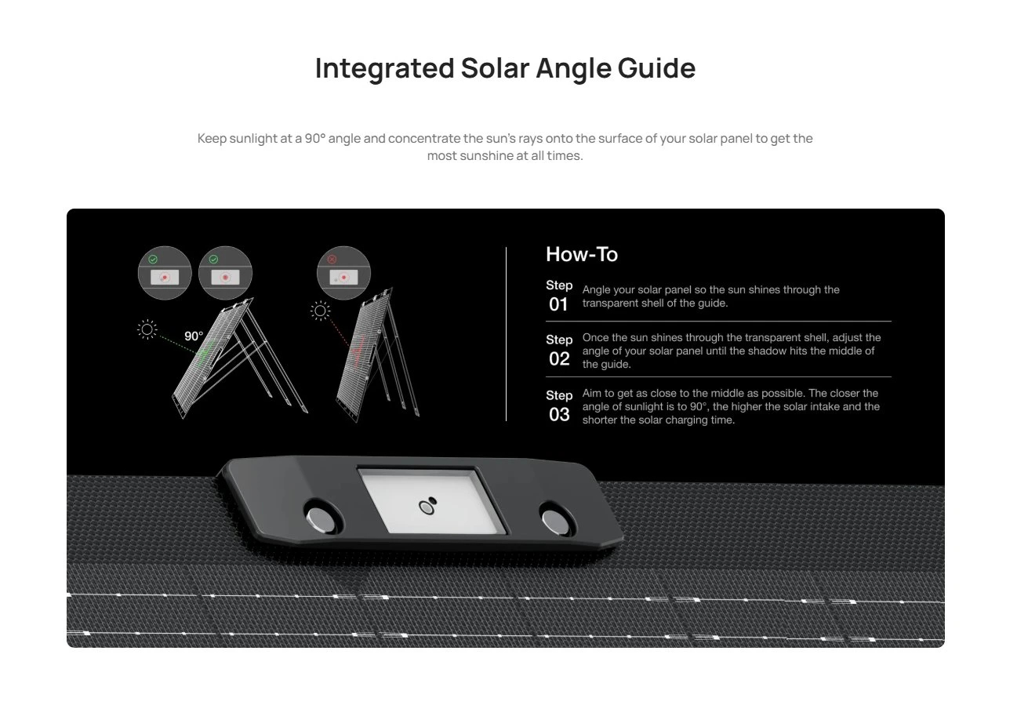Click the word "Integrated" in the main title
(x=384, y=69)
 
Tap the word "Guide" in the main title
(x=656, y=69)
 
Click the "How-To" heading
(x=582, y=254)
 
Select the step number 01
(x=558, y=305)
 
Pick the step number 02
(x=559, y=359)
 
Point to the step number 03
(x=559, y=415)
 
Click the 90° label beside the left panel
(x=194, y=336)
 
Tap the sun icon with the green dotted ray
(x=147, y=329)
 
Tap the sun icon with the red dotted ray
(x=321, y=311)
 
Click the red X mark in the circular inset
(x=332, y=260)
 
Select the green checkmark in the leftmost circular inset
(x=153, y=260)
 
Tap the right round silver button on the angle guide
(x=555, y=522)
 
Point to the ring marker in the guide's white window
(x=427, y=507)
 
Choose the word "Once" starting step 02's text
(x=595, y=338)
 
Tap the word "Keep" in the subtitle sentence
(x=212, y=139)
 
